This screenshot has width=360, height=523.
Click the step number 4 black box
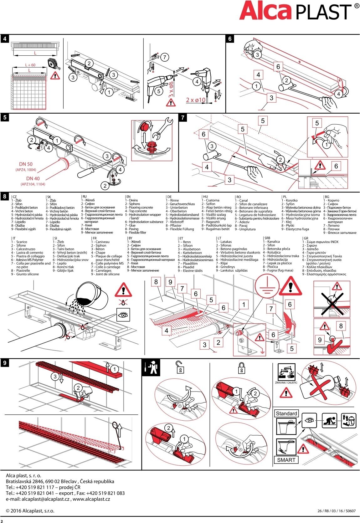[x=5, y=38]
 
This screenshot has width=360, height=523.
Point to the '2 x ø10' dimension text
[x=196, y=100]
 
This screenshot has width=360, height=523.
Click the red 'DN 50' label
[x=26, y=164]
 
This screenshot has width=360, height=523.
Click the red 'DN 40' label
[x=33, y=178]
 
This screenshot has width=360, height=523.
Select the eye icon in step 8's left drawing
[x=123, y=315]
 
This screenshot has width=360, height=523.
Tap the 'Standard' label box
[x=286, y=413]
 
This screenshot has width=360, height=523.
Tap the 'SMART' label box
[x=286, y=460]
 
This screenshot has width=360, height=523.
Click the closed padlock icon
[x=241, y=368]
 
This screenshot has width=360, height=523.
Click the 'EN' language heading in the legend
[x=128, y=197]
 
